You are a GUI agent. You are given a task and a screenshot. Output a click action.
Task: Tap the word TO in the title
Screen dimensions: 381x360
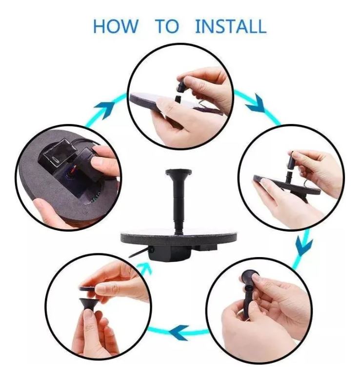(x=167, y=26)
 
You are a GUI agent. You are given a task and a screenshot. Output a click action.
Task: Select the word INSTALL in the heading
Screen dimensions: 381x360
(x=231, y=26)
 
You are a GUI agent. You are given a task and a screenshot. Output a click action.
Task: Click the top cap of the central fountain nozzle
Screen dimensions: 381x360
(x=179, y=172)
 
